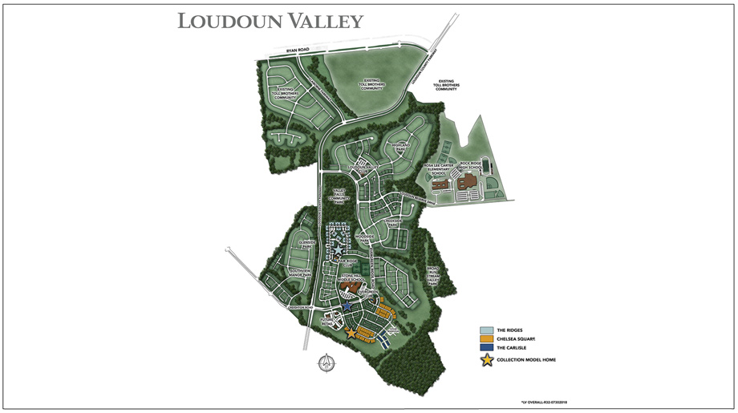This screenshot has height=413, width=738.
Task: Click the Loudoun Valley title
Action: [270, 21]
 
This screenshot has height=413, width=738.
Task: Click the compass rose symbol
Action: [326, 362]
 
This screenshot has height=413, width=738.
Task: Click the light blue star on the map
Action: [339, 251]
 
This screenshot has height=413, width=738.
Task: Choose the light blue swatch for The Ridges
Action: [486, 330]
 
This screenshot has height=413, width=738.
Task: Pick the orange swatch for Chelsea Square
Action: [486, 339]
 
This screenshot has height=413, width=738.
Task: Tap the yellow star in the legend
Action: [486, 359]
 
